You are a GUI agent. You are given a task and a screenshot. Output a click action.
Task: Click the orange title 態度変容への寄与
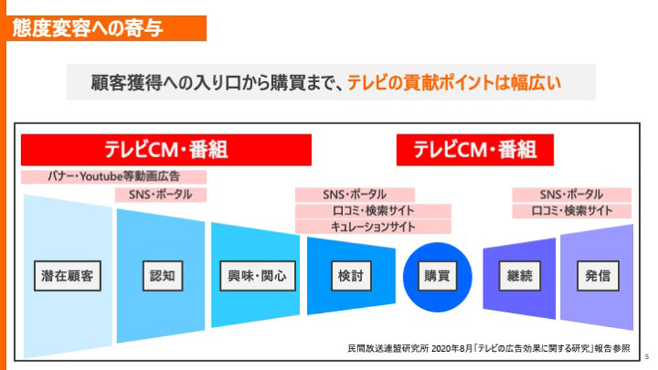coord(88,28)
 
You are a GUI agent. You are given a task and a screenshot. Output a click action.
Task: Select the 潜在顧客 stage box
coord(67,276)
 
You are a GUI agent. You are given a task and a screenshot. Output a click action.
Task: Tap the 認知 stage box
coord(163,276)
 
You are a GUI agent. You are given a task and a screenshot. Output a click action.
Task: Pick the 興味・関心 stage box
coord(257,276)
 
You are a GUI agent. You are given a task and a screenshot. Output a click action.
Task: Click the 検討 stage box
coord(351,276)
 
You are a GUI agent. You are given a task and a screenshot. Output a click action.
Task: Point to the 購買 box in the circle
coord(437,276)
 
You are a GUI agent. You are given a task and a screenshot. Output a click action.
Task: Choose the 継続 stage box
coord(520,276)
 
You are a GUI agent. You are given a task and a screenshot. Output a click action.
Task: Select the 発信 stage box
coord(598,276)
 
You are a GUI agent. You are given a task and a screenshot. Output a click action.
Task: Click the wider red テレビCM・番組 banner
coord(166,150)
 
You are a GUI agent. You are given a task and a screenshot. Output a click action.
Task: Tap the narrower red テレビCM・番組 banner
coord(475,150)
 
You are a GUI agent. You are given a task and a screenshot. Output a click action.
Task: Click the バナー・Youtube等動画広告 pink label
coord(114,177)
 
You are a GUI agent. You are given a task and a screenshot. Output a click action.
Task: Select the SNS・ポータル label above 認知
coord(161,195)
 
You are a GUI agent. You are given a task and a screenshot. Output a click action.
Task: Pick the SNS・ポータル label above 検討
coord(355,195)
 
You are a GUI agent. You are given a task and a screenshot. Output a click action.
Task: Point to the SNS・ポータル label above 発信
coord(572,195)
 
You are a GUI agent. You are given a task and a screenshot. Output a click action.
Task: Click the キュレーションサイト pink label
coord(373,227)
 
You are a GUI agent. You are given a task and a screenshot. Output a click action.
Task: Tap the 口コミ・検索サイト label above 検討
coord(373,211)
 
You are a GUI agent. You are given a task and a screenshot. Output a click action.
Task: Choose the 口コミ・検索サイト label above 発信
coord(572,211)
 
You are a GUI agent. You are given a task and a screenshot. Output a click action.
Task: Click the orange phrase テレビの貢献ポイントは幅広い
coord(454,83)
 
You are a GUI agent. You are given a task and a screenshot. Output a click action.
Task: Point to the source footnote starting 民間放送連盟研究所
coord(489,348)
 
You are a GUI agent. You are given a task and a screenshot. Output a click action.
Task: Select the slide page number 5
coord(647,357)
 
